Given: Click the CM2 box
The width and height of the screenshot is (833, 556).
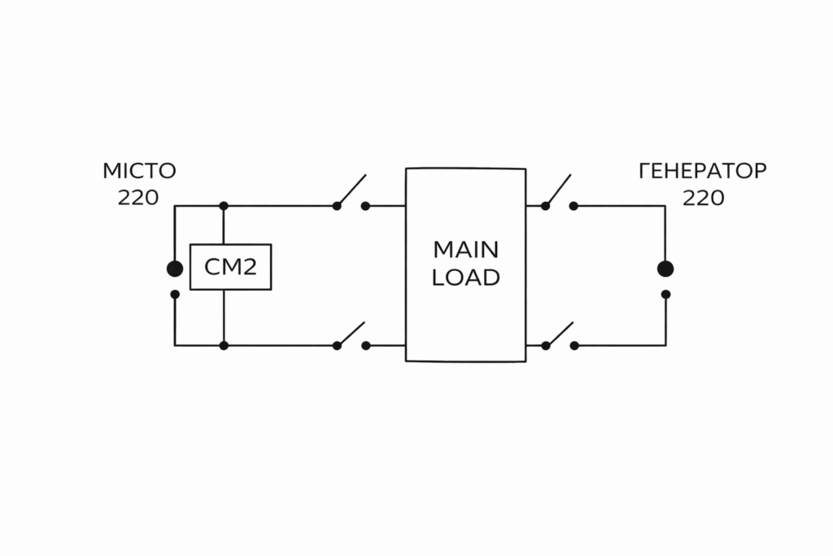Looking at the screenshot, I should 230,267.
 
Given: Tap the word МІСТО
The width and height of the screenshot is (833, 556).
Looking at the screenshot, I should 139,172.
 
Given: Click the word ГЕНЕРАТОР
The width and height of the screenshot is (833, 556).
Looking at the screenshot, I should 703,172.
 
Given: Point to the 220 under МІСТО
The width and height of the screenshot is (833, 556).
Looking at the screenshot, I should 138,198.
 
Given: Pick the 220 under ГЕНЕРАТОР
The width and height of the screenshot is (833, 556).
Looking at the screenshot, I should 703,198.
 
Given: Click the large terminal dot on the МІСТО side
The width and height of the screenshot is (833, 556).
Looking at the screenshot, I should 174,269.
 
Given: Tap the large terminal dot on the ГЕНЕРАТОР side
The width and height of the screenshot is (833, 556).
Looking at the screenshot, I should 665,269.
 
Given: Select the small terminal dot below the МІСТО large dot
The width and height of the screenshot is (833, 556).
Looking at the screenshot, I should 174,294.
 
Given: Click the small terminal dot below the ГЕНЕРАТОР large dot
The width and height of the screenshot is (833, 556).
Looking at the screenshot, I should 665,294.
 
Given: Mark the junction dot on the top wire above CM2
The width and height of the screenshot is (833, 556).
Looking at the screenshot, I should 224,206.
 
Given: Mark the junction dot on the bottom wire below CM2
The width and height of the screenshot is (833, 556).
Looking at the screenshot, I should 224,345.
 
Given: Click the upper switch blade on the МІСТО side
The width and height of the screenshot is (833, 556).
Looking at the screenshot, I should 351,190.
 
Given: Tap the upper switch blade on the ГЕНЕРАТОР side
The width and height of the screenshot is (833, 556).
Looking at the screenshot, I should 559,190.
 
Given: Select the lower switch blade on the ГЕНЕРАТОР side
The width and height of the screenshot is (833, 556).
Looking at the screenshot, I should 559,333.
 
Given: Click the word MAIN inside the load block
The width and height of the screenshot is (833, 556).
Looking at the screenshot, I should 465,249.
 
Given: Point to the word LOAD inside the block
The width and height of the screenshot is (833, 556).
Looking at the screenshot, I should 465,278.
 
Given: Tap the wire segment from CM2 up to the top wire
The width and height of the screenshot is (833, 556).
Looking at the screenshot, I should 224,225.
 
